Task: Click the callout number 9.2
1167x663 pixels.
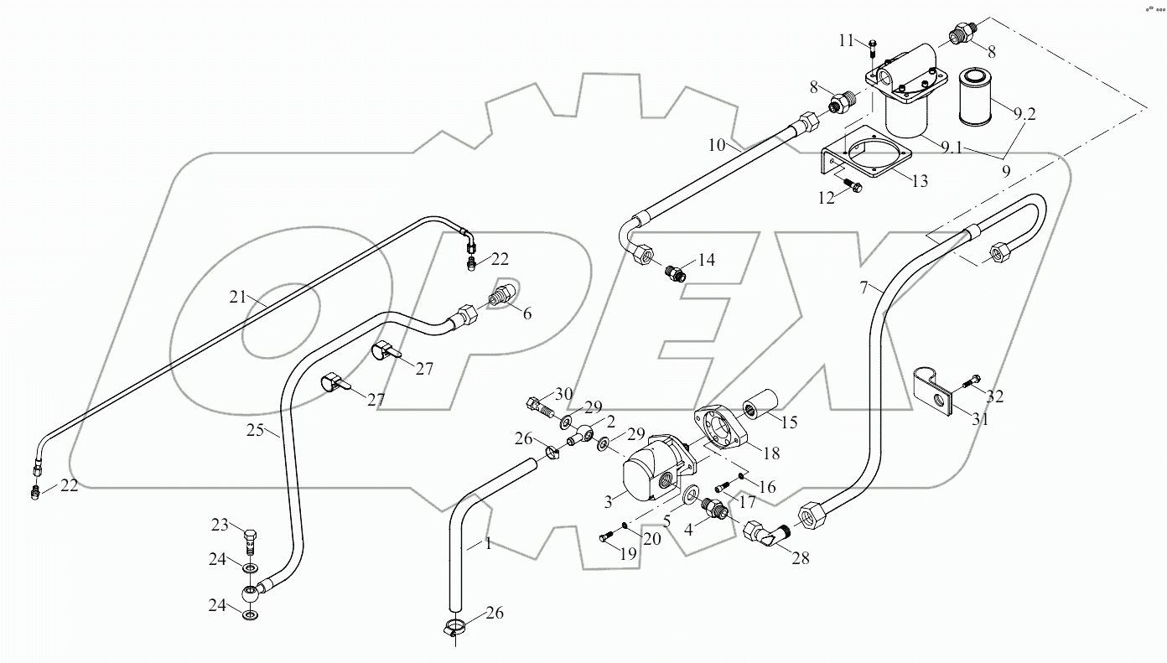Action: tap(1024, 115)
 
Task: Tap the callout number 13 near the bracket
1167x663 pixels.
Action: tap(920, 180)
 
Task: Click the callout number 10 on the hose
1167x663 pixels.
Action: tap(715, 145)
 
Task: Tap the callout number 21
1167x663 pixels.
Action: tap(238, 296)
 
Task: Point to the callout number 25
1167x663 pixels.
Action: tap(257, 432)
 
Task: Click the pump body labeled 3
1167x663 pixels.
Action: tap(650, 474)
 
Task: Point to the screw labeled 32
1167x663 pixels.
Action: tap(972, 384)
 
